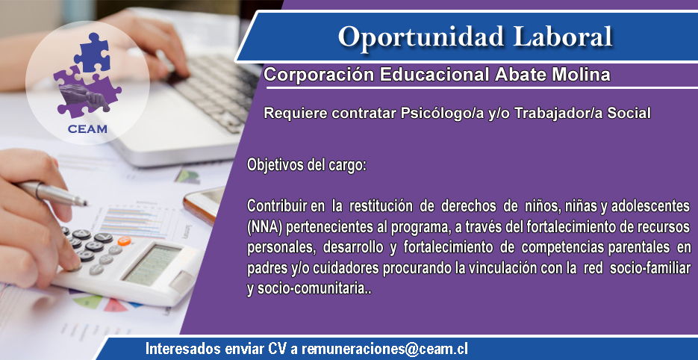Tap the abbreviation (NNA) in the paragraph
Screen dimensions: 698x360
264,227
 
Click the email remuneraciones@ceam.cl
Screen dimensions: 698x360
384,349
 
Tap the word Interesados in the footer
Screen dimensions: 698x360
181,349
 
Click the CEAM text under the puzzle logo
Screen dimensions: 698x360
87,129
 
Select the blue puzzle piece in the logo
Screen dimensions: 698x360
92,54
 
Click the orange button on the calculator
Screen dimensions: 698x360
124,241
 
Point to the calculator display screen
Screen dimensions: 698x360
152,264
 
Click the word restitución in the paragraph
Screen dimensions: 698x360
378,206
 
